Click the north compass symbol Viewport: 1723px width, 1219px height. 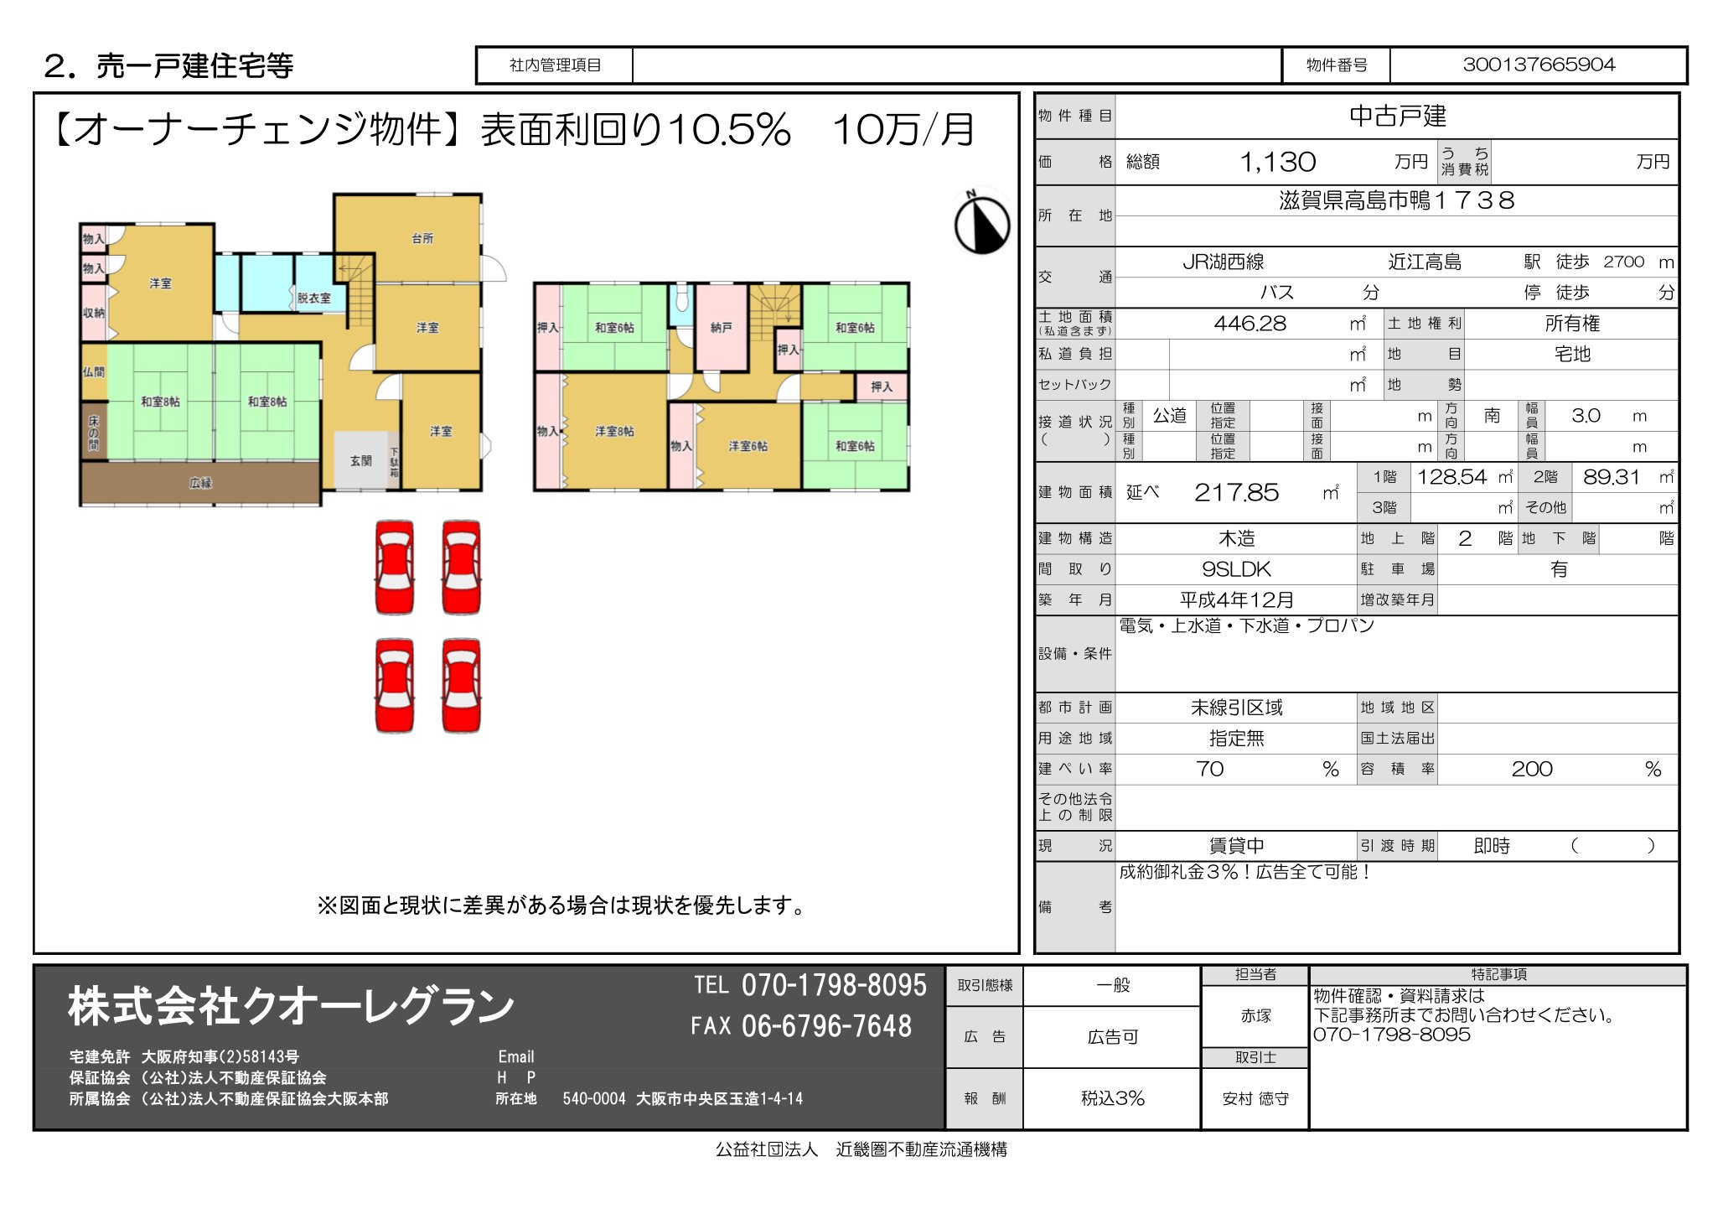tap(981, 224)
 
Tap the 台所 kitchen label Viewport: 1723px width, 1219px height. tap(422, 239)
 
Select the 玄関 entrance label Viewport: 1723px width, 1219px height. tap(361, 461)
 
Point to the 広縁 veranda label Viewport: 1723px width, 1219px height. tap(200, 483)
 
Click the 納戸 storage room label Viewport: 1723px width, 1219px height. tap(721, 328)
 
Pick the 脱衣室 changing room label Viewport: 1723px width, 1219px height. tap(313, 298)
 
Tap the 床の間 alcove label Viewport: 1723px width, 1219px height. tap(93, 433)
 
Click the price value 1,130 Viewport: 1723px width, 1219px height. tap(1277, 162)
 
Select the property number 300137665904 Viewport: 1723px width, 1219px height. tap(1538, 65)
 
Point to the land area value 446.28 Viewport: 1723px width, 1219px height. tap(1250, 324)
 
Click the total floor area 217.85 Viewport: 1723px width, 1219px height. tap(1236, 493)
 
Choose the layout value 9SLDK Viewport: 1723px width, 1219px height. tap(1236, 569)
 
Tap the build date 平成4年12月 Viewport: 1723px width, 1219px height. tap(1236, 600)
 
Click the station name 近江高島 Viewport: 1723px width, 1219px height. tap(1424, 262)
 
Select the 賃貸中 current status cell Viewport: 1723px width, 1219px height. tap(1236, 846)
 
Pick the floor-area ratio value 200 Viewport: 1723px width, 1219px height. tap(1531, 770)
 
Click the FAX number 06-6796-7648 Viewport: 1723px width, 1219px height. tap(825, 1026)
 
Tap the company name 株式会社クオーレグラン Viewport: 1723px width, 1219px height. tap(291, 1006)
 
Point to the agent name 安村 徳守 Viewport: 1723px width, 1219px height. tap(1255, 1099)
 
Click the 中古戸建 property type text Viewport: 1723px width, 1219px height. tap(1397, 117)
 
